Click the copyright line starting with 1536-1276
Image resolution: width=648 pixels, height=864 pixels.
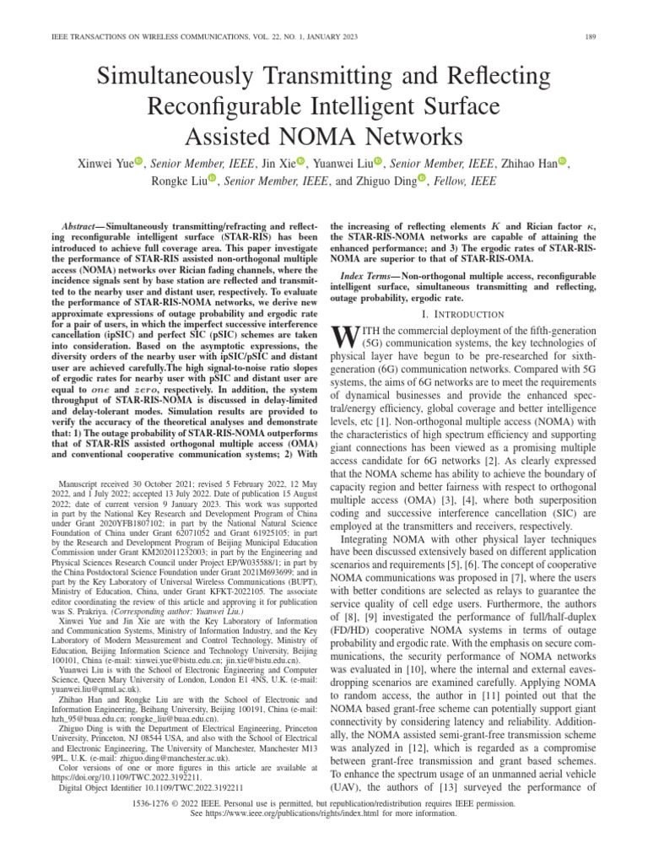tap(324, 829)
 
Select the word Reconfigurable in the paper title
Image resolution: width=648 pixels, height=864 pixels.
tap(226, 106)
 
